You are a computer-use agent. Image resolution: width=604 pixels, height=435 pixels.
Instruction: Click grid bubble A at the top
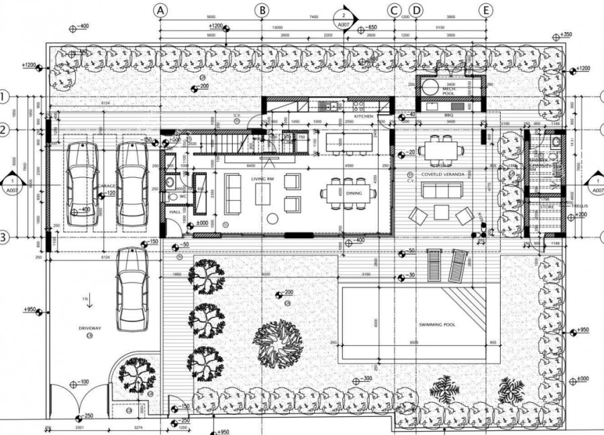(x=160, y=9)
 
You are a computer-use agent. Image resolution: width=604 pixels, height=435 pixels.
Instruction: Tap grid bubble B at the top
(x=262, y=9)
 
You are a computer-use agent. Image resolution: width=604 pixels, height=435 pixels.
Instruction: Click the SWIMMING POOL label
(x=437, y=324)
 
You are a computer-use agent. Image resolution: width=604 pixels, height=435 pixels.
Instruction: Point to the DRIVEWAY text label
(x=89, y=328)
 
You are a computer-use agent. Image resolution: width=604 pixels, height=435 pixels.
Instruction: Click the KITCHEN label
(x=364, y=117)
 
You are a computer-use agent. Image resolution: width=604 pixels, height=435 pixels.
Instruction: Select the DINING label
(x=354, y=193)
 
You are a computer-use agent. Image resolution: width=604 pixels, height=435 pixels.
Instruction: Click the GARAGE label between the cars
(x=106, y=186)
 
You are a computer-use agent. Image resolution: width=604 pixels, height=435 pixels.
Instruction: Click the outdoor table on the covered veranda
(x=441, y=148)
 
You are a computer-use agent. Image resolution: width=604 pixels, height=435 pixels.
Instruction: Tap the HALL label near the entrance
(x=174, y=211)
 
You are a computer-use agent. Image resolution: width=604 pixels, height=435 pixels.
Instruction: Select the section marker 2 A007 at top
(x=344, y=18)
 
